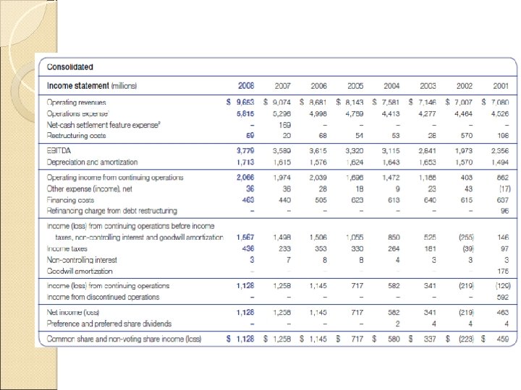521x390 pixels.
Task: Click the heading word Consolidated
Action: [70, 67]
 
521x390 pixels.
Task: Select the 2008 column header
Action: [246, 86]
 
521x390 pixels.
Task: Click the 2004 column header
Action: [391, 86]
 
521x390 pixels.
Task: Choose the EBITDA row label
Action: [59, 151]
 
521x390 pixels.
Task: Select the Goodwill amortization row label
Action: [80, 271]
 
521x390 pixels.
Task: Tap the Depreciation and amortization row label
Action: [92, 162]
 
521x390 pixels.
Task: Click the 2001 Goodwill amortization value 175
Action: [501, 271]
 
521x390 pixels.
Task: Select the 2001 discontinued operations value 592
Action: [501, 297]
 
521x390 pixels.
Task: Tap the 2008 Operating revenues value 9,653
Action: [244, 103]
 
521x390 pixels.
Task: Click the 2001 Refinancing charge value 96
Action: [504, 210]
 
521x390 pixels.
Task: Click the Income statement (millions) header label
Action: [92, 86]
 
